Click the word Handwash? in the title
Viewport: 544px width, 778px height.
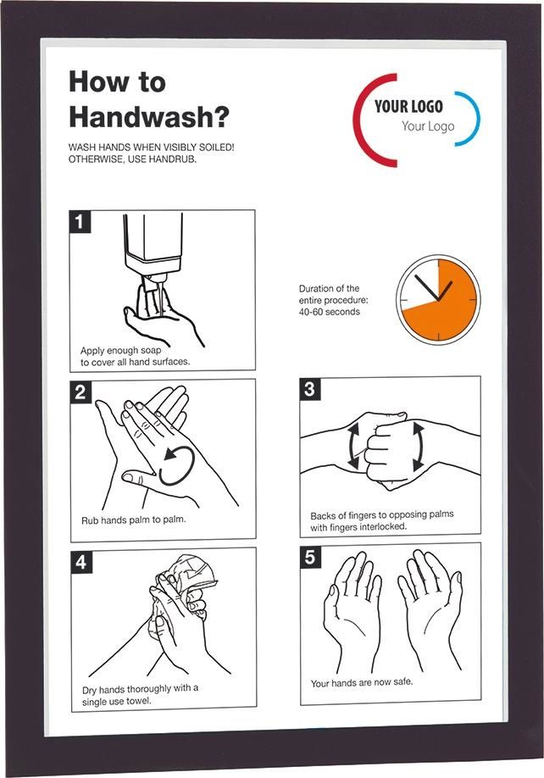coord(149,117)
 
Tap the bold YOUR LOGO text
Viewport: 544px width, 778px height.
coord(408,106)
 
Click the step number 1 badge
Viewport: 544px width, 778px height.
coord(80,221)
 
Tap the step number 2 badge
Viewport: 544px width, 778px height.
coord(80,392)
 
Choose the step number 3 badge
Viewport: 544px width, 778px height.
coord(310,389)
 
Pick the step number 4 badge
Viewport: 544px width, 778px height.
coord(80,562)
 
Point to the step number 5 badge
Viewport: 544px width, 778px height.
coord(310,557)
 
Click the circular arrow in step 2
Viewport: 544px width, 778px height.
coord(175,466)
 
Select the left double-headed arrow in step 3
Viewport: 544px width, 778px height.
coord(353,445)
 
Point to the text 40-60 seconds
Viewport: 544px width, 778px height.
coord(330,312)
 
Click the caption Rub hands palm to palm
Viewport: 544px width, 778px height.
coord(133,520)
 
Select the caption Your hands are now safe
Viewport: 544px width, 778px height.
coord(362,683)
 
